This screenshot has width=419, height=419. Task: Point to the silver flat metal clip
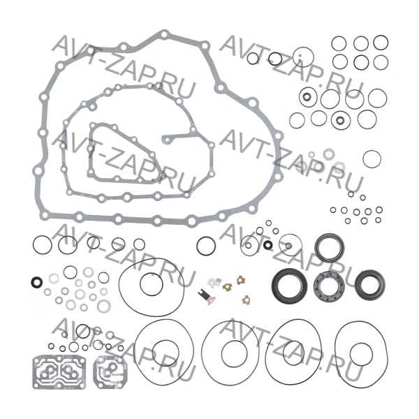(214, 282)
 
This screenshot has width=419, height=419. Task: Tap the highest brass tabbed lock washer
(241, 280)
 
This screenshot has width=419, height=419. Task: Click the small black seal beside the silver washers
(36, 282)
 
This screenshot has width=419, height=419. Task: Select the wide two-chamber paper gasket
(34, 372)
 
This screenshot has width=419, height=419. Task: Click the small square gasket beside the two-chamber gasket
(94, 372)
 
